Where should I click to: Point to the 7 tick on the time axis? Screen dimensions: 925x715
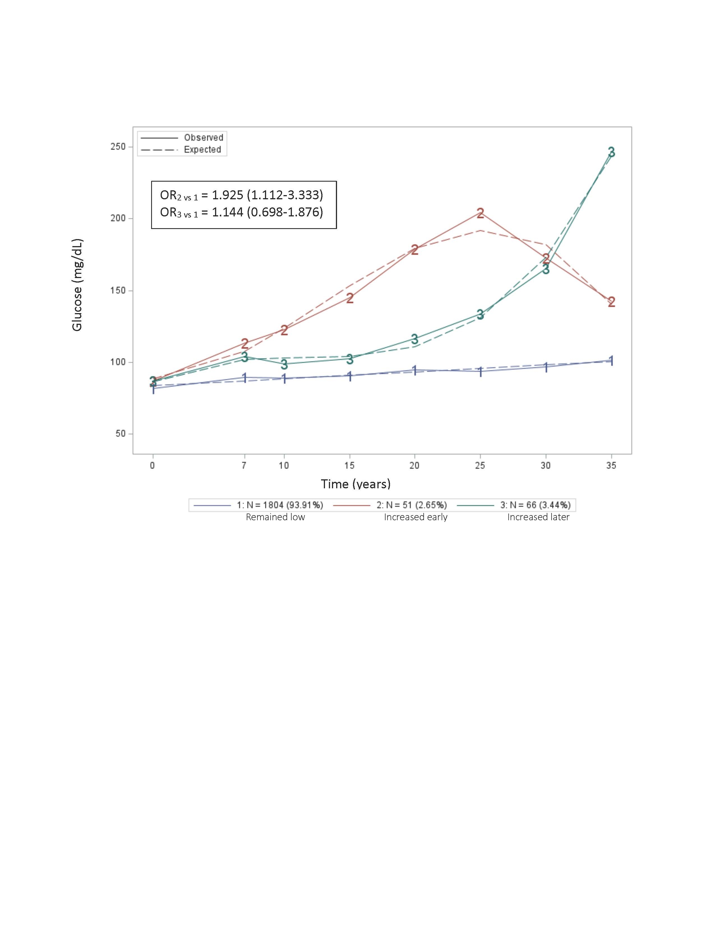244,466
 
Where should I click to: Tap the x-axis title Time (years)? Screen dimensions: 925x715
355,484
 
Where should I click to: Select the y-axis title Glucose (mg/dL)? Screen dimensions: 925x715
77,285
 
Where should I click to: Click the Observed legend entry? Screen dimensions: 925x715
203,138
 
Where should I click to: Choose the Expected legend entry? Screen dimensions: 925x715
202,149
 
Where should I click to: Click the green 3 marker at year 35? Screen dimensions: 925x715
611,152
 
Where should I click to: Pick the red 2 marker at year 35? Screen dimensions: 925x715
611,302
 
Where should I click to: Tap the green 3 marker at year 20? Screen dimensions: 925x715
415,339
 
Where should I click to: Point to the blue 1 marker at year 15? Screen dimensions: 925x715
349,376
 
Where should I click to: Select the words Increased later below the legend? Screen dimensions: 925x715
538,517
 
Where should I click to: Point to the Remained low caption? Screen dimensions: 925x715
275,517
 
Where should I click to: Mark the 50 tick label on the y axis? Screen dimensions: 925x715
121,434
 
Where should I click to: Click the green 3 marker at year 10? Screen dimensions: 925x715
284,364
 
